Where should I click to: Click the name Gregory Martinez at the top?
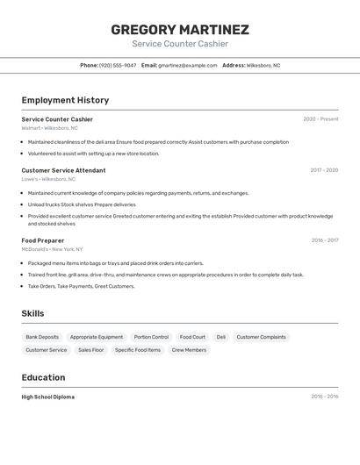tap(180, 29)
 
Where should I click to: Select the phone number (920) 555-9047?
tap(118, 65)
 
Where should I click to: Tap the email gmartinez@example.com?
tap(187, 65)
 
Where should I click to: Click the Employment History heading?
tap(65, 100)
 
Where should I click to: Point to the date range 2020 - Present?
tap(320, 119)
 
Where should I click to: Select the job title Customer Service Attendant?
tap(63, 170)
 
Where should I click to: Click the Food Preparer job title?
tap(43, 240)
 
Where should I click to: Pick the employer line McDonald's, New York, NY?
tap(52, 249)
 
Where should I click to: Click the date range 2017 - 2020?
tap(324, 170)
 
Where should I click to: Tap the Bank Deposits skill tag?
tap(42, 337)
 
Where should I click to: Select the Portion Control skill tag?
tap(151, 337)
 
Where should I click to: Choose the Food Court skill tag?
tap(192, 337)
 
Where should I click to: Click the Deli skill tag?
tap(220, 337)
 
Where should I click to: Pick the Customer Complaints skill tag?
tap(261, 337)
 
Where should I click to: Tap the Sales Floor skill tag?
tap(90, 350)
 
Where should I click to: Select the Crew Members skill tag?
tap(189, 350)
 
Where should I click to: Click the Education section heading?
tap(43, 377)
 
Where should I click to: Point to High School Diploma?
tap(48, 397)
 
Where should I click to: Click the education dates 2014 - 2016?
tap(324, 397)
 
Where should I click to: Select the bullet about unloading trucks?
tap(82, 204)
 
